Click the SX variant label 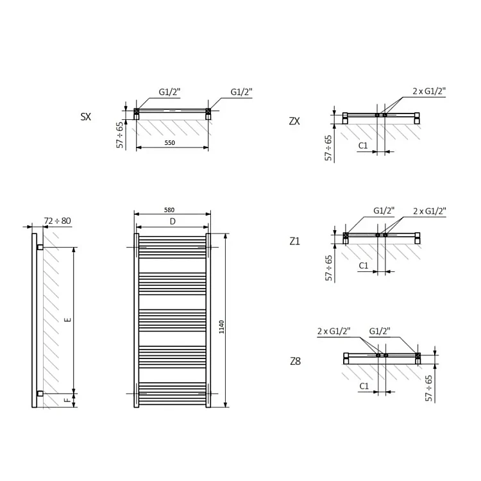coord(85,117)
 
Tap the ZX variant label coord(294,121)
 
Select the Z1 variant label coord(295,241)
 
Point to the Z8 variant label coord(296,361)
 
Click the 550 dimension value coord(170,142)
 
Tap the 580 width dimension coord(169,210)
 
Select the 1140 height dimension coord(221,327)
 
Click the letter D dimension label coord(173,221)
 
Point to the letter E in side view coord(68,319)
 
